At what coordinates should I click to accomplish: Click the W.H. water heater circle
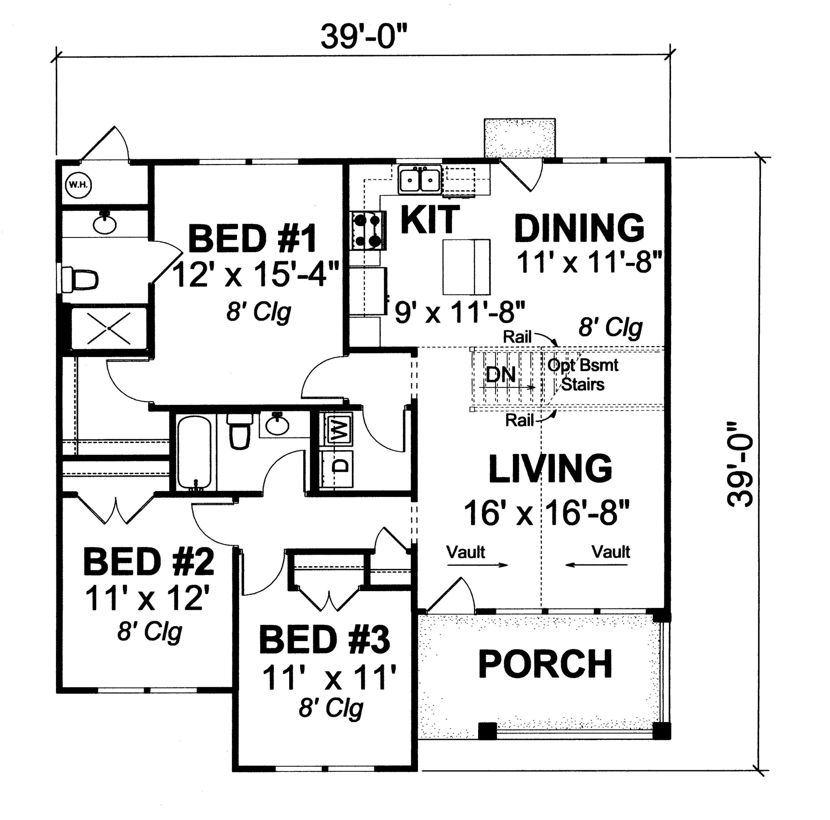coord(78,185)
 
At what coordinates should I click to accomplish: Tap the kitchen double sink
coord(420,179)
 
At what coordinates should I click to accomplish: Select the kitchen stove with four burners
coord(367,230)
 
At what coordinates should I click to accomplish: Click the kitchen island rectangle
coord(466,267)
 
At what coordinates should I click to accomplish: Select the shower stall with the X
coord(109,328)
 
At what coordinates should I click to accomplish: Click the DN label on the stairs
coord(501,375)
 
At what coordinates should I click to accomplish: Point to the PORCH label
coord(546,664)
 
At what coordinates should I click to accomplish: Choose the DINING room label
coord(579,228)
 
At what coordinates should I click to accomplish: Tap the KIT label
coord(430,219)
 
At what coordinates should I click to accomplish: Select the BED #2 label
coord(149,561)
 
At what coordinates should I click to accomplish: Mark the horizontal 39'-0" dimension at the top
coord(364,37)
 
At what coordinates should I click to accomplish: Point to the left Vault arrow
coord(477,565)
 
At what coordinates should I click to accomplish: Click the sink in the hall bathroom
coord(277,424)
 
